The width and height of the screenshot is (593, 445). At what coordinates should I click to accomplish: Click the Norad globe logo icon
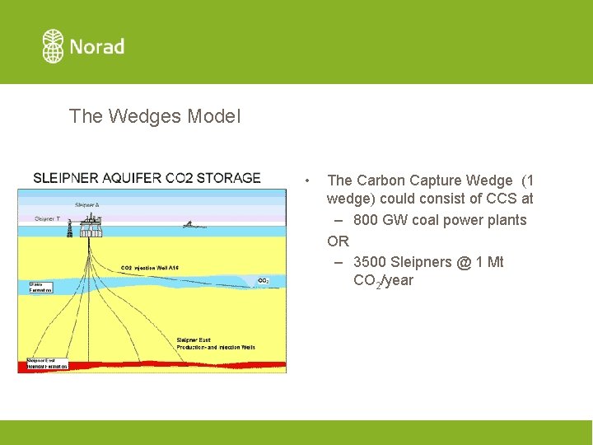coord(53,46)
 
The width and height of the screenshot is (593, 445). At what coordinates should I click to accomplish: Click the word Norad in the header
coord(97,47)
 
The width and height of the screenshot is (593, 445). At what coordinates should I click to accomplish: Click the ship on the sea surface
coord(190,224)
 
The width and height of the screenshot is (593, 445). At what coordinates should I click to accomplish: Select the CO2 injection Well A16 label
coord(150,268)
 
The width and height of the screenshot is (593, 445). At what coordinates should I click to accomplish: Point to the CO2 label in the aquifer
coord(264,281)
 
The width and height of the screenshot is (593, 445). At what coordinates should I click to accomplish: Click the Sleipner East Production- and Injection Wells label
coord(216,344)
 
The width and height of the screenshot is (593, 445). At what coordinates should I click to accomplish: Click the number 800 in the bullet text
coord(367,220)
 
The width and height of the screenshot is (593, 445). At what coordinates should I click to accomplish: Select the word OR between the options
coord(338,241)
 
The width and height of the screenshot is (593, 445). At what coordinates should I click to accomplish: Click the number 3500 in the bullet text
coord(370,262)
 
